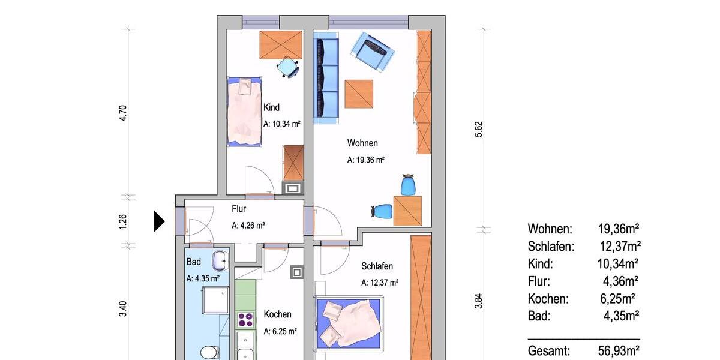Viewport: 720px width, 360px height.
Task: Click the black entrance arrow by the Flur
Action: (159, 221)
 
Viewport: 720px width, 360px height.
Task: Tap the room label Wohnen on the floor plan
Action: (362, 143)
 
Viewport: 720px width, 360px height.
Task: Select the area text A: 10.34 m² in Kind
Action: (281, 124)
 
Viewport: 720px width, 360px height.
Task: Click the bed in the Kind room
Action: (245, 111)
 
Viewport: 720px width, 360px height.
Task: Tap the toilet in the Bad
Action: (208, 352)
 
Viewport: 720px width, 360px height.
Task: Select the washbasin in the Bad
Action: (220, 260)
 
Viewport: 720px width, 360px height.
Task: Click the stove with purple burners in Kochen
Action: (244, 320)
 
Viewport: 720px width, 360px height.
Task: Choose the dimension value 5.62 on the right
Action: (479, 129)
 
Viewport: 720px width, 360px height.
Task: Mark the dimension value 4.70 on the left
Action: (123, 113)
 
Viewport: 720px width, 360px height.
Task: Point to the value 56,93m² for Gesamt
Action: (618, 351)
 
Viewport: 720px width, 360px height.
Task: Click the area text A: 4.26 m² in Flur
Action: (248, 226)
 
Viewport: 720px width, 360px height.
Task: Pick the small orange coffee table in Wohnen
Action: (359, 94)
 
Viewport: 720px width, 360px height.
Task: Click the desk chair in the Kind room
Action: (289, 67)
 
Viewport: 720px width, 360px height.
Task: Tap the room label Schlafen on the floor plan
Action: (377, 266)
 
